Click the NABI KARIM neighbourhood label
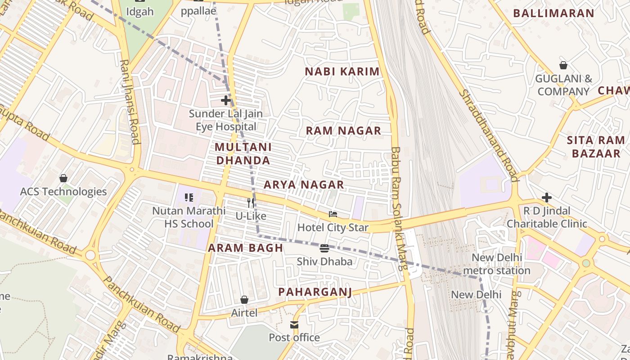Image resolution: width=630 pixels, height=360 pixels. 342,72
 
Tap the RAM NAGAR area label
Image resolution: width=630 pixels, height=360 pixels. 343,130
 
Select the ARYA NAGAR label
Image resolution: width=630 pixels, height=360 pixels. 304,184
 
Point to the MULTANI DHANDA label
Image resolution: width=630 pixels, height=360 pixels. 243,153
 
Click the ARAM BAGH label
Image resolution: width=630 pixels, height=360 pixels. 245,247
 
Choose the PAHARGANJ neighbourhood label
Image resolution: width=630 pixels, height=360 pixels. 315,292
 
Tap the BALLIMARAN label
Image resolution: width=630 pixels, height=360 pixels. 553,13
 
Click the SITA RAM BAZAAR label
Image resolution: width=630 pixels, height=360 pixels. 596,147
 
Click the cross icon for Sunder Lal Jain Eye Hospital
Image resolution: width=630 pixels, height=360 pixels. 226,100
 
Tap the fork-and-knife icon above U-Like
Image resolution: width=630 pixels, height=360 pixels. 251,203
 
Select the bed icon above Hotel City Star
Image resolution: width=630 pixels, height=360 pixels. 333,214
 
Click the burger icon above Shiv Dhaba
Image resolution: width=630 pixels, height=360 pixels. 324,248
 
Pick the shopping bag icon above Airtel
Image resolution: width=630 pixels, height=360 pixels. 244,299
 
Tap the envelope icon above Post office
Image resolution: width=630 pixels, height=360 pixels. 294,324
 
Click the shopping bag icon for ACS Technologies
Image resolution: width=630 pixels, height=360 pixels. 63,178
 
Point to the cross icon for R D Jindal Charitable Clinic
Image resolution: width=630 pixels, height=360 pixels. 547,197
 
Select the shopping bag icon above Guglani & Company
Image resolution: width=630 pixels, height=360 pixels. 563,65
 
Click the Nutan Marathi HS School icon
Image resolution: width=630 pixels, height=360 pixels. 189,197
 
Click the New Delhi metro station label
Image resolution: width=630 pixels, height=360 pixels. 497,264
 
